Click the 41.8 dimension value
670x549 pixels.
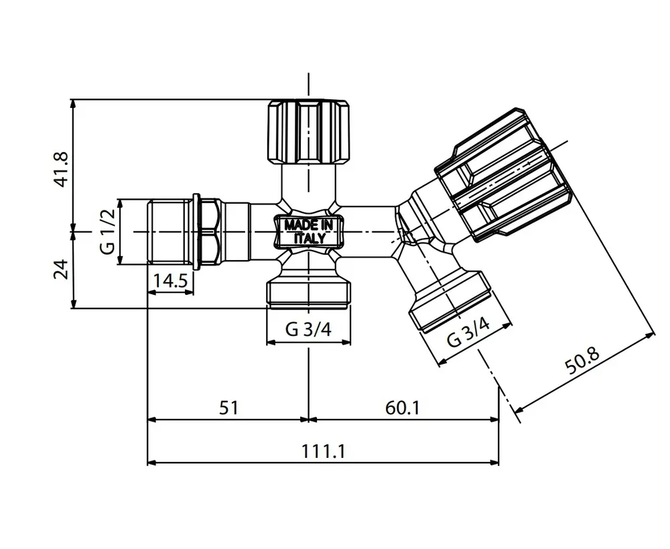[x=61, y=170]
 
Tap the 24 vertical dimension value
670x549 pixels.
[x=61, y=269]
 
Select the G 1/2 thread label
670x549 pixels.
[x=108, y=232]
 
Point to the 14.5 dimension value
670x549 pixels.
[x=170, y=281]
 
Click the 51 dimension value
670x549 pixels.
[x=228, y=408]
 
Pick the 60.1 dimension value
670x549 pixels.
[x=403, y=408]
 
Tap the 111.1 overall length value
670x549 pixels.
[x=323, y=451]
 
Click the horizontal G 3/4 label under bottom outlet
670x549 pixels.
[x=308, y=329]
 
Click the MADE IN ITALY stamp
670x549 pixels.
[x=308, y=231]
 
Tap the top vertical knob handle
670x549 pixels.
[x=308, y=131]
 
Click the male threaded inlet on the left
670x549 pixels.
[x=170, y=232]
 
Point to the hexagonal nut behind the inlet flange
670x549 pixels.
[x=210, y=232]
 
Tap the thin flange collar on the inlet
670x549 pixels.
[x=196, y=232]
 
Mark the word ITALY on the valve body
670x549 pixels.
[x=310, y=238]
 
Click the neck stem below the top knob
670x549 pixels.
[x=308, y=182]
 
